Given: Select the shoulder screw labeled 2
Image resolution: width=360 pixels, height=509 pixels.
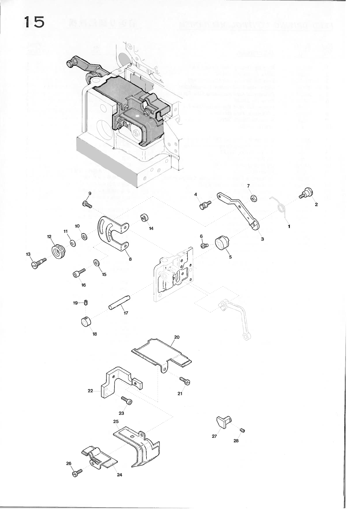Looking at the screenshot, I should (x=307, y=193).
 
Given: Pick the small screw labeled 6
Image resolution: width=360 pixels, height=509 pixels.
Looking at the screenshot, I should (x=204, y=245).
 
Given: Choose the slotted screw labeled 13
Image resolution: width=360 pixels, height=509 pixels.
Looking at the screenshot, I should (x=37, y=263).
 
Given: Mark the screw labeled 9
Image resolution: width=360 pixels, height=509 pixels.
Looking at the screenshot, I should (x=87, y=205).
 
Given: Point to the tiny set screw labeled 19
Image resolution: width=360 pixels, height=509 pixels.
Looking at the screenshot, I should (x=86, y=302).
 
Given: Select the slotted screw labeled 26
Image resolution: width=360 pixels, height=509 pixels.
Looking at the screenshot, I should (x=77, y=473).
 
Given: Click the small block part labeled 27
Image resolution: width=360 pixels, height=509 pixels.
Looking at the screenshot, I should (x=224, y=421).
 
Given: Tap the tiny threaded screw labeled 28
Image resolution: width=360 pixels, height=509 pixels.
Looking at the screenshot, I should (x=242, y=430).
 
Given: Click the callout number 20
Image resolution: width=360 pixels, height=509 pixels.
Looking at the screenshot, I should (x=177, y=337).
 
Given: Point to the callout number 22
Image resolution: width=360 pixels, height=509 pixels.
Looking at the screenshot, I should (x=90, y=391).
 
